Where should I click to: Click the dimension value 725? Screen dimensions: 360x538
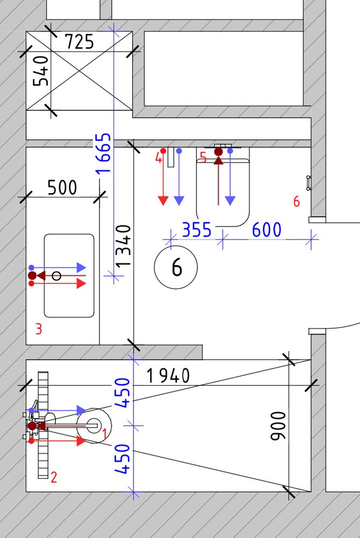[79, 42]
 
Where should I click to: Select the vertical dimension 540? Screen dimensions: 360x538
[40, 71]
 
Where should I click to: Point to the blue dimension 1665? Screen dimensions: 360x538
[103, 153]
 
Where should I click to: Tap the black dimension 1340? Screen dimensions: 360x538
[123, 246]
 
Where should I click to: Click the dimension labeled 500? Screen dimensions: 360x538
[62, 187]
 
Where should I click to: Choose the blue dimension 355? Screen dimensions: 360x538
[196, 230]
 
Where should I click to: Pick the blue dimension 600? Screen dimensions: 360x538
[267, 230]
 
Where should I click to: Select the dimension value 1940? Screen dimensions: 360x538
[168, 376]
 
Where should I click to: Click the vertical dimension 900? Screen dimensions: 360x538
[278, 426]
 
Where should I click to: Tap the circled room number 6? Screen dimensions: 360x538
[176, 267]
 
